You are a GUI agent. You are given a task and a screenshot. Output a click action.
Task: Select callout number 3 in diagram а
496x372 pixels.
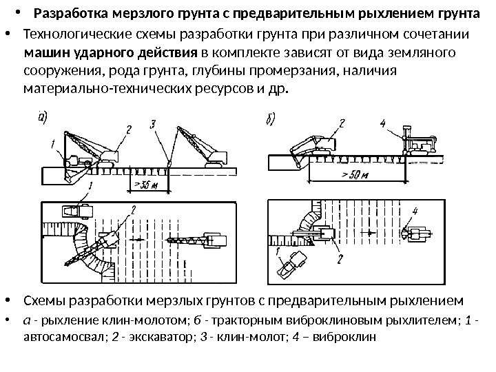coord(153,124)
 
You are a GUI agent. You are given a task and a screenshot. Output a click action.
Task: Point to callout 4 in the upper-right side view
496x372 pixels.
coord(383,124)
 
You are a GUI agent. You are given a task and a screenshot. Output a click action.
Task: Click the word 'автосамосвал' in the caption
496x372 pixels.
coord(56,339)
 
